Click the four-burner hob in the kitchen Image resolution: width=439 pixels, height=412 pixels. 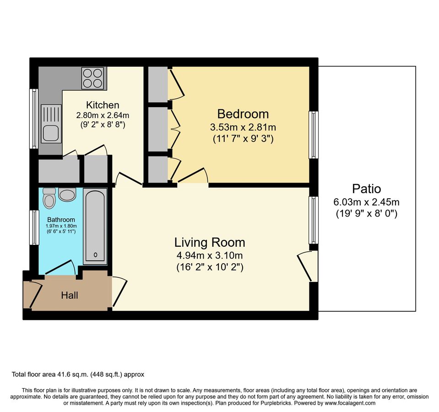tap(93, 78)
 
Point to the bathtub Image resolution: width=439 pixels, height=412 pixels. tap(95, 226)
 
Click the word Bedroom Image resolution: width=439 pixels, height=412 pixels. tap(243, 114)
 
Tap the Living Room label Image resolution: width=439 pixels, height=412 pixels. tap(210, 242)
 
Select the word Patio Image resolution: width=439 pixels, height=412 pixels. tap(366, 188)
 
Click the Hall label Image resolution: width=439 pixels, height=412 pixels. tap(70, 296)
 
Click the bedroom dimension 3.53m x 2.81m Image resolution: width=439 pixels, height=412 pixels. tap(243, 127)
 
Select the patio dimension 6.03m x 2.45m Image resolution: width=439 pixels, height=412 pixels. tap(366, 201)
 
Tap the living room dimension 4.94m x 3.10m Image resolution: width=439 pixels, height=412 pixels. tap(210, 255)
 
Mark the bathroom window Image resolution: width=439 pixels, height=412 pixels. tap(33, 227)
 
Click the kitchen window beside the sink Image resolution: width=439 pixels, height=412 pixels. tap(33, 119)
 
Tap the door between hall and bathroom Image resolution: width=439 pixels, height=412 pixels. tap(60, 268)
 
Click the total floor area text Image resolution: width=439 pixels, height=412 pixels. tap(78, 374)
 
